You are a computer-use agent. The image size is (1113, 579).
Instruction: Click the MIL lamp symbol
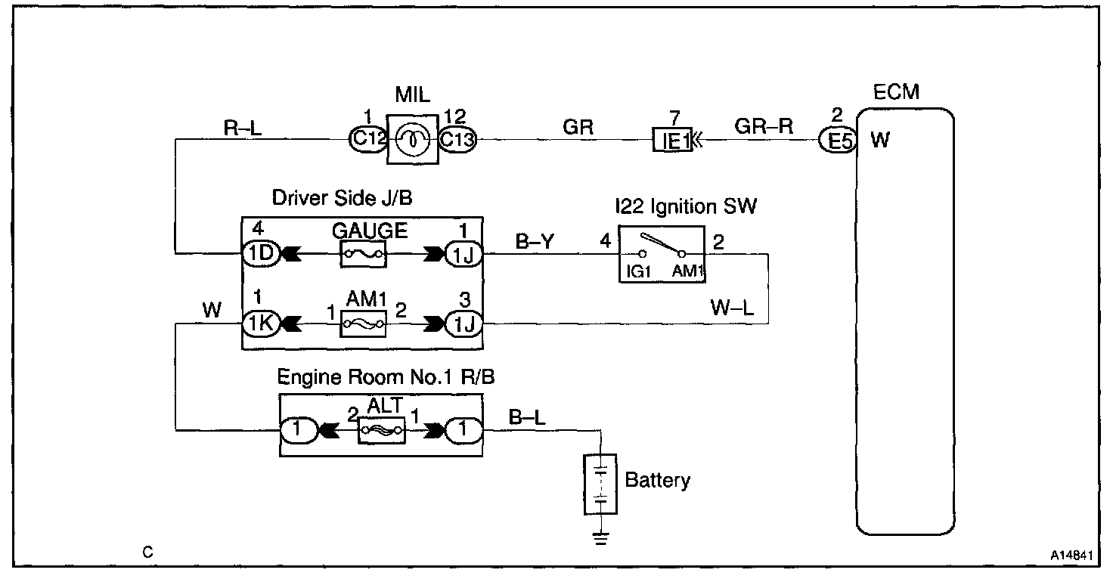414,140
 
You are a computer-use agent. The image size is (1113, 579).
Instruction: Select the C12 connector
367,140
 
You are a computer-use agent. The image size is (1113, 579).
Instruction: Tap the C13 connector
457,140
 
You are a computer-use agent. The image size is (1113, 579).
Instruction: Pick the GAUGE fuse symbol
366,255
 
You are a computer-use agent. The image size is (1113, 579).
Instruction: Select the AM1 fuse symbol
366,324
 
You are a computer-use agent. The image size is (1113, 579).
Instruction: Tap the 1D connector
259,255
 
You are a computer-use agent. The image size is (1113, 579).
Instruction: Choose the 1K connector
259,324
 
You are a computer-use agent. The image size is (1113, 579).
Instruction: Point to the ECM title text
896,93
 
